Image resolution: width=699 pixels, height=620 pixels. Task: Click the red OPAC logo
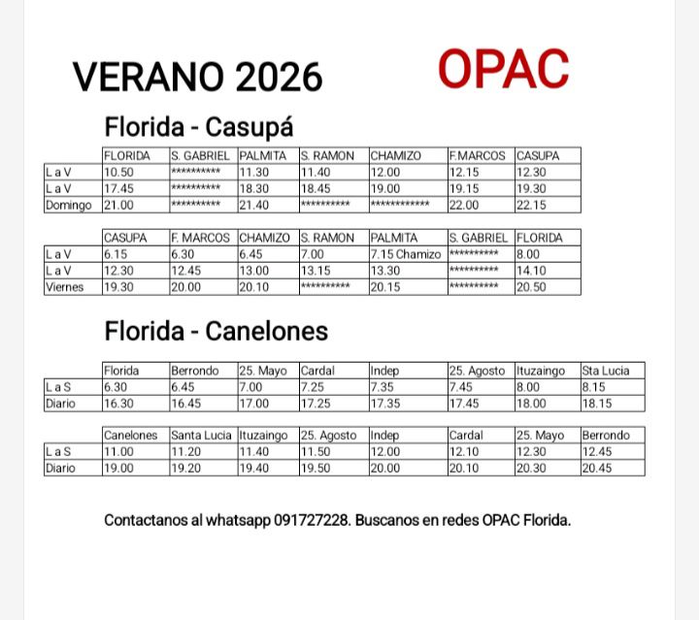(503, 69)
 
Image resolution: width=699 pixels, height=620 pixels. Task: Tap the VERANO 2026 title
(198, 76)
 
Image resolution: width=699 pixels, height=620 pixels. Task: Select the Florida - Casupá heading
(199, 127)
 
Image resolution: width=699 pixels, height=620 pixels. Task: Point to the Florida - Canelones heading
(216, 331)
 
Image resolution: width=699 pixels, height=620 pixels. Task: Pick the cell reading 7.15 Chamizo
(406, 254)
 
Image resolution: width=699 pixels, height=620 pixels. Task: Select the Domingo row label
(69, 205)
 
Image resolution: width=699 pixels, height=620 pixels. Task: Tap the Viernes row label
(65, 287)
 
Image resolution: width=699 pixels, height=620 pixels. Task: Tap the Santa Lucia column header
(203, 436)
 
